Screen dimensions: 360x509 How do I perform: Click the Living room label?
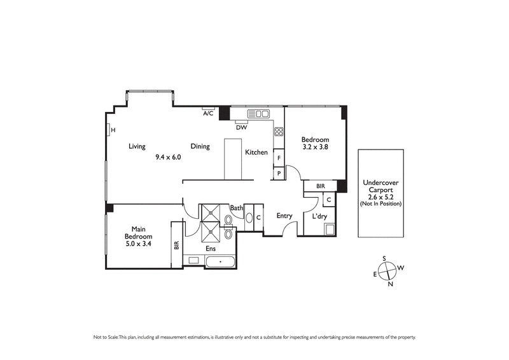point(137,146)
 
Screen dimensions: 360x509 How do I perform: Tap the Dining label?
point(200,146)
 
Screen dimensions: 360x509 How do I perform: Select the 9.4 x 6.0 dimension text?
point(169,156)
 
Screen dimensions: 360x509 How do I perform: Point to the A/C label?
point(207,114)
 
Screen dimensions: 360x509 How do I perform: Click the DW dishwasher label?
point(241,127)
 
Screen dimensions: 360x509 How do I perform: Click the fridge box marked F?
point(278,156)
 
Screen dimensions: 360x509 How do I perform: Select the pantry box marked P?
point(278,172)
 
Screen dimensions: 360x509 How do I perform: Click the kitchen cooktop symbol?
point(278,132)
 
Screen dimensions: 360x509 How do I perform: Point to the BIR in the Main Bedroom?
point(176,244)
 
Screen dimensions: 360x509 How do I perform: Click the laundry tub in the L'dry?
point(329,229)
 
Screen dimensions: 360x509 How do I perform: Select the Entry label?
point(284,216)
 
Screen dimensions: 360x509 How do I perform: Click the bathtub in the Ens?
point(220,261)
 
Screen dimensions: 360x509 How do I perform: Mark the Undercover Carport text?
point(381,186)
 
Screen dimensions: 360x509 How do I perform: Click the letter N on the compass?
point(390,284)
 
